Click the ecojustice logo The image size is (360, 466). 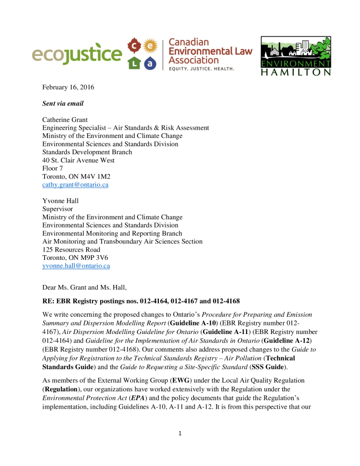77,56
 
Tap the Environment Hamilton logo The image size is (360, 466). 295,56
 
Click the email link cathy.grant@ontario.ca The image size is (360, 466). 75,185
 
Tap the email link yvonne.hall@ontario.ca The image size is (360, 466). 76,266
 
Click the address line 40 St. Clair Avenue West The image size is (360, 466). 78,160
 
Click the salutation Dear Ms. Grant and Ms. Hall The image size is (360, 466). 85,287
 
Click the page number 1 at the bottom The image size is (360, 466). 180,433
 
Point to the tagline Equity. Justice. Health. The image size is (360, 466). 201,69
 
